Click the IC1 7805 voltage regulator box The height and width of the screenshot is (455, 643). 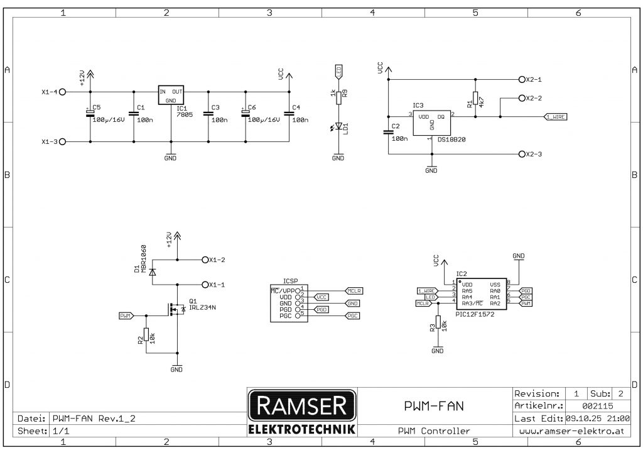click(x=170, y=95)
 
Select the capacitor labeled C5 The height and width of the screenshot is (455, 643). click(x=90, y=113)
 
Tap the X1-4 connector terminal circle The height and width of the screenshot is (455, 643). click(x=62, y=91)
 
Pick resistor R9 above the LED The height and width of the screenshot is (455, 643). click(x=338, y=97)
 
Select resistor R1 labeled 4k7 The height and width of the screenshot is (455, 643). click(x=475, y=99)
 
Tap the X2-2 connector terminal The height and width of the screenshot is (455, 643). click(x=522, y=99)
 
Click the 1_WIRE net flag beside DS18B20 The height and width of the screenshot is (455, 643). click(x=556, y=117)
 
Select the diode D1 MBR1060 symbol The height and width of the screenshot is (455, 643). click(x=152, y=271)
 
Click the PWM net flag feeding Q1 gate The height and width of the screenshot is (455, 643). click(x=126, y=315)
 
